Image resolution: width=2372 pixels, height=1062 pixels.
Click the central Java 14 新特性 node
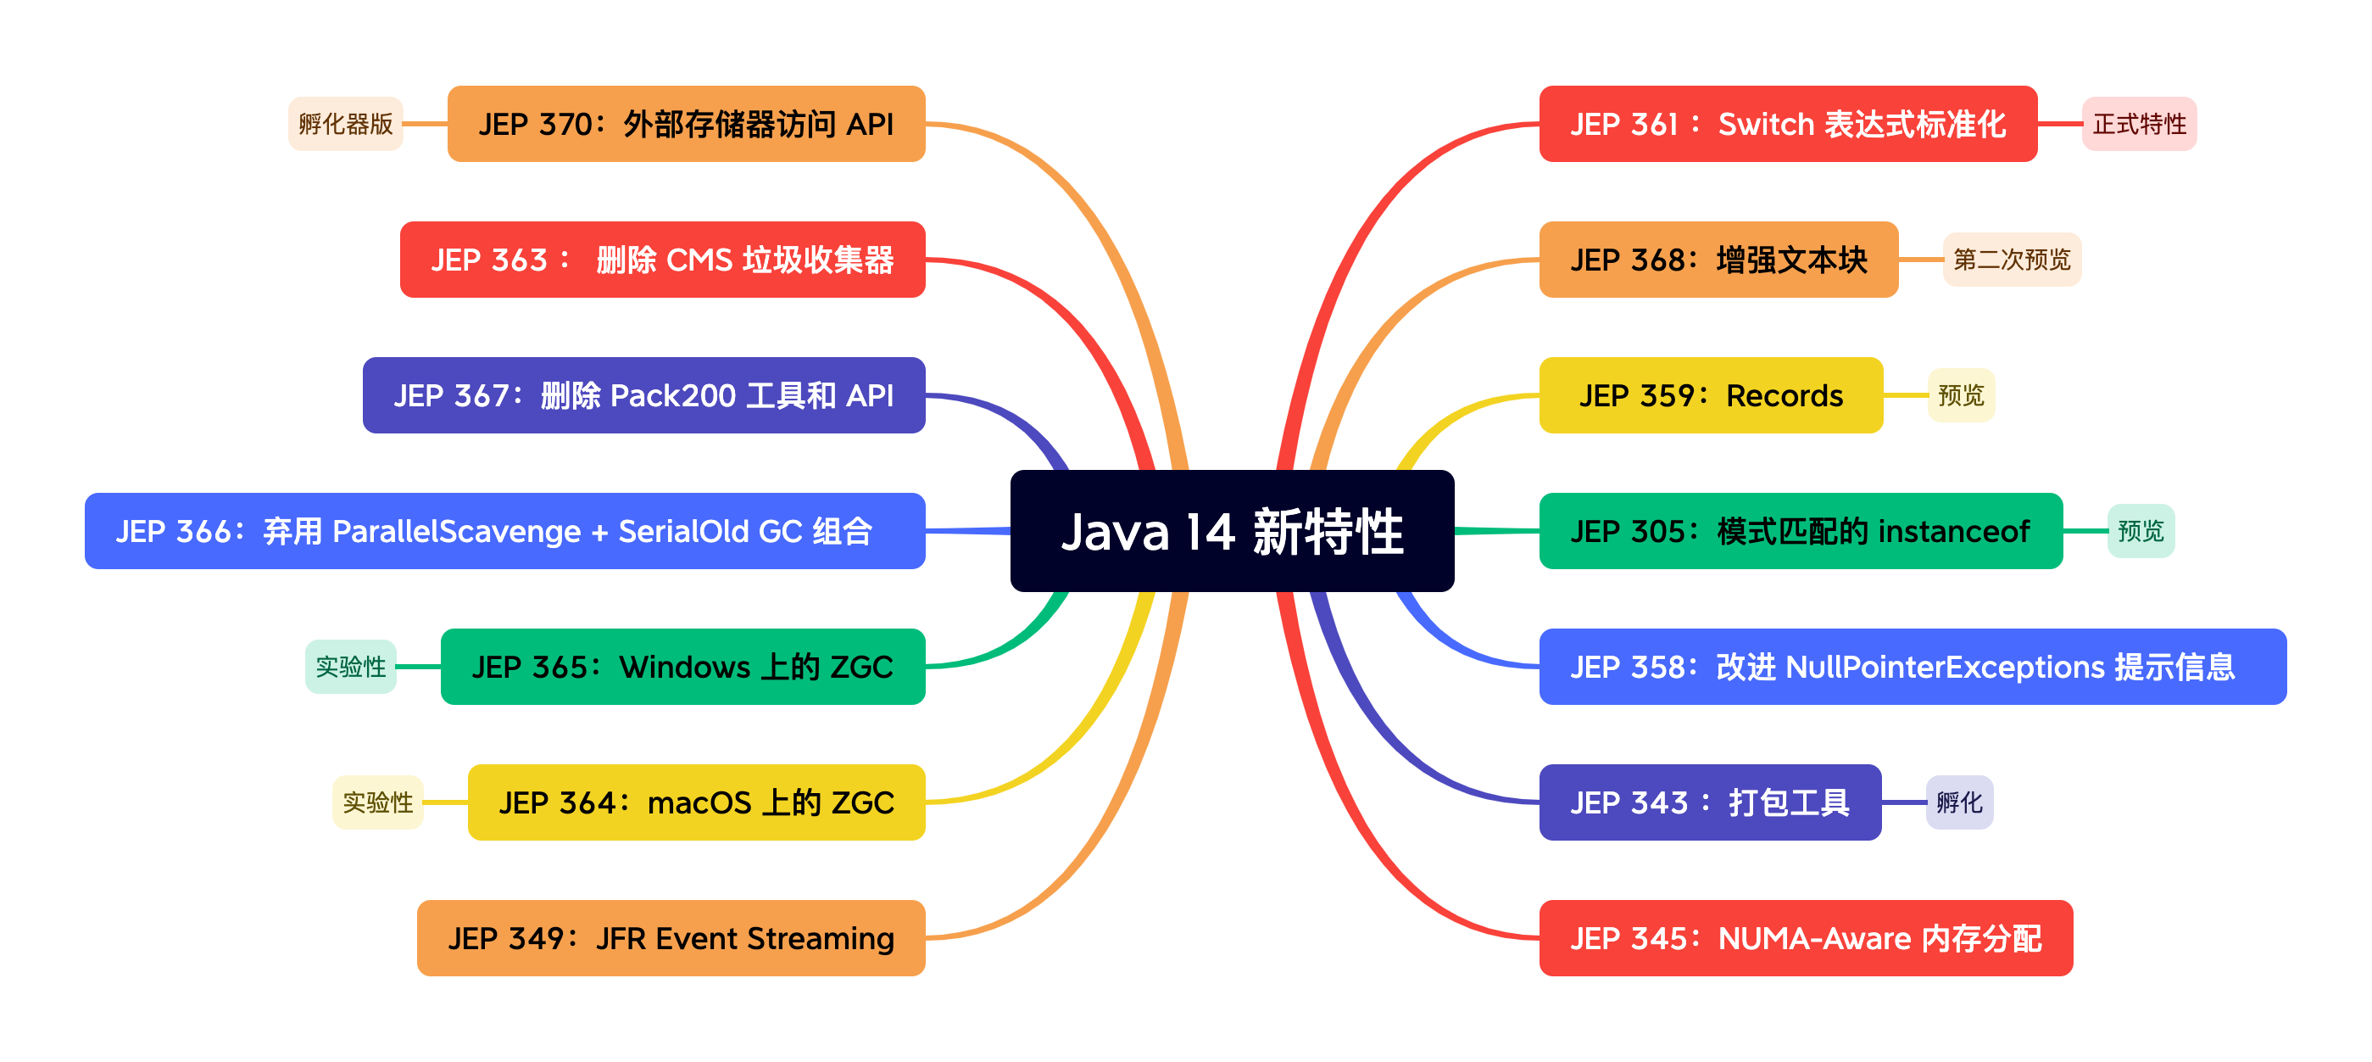click(1232, 532)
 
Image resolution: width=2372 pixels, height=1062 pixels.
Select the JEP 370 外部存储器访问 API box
click(686, 125)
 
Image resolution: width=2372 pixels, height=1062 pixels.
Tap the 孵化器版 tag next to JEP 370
click(345, 125)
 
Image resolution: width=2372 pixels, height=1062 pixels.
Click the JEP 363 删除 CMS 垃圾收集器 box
click(662, 260)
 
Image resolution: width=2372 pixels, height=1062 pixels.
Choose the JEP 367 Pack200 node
click(643, 396)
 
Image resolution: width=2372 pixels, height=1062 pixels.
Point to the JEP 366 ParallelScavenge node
click(504, 532)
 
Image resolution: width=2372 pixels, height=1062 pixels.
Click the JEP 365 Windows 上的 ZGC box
click(682, 667)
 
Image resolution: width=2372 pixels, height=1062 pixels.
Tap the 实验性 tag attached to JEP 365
click(351, 667)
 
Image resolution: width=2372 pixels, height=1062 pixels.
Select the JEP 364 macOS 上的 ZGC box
click(696, 802)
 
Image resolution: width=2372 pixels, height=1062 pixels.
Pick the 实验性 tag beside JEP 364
click(377, 802)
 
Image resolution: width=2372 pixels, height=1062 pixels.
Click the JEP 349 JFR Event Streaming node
click(671, 938)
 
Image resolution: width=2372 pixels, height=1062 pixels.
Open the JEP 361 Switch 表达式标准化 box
click(1787, 125)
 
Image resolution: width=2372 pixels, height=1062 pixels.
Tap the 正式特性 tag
click(2139, 125)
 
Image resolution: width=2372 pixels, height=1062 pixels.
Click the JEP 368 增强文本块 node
click(1718, 260)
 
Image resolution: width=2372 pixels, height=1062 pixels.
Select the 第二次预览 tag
click(2011, 260)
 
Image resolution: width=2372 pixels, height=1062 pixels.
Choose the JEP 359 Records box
click(1711, 396)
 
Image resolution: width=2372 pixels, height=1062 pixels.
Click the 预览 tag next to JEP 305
click(2140, 532)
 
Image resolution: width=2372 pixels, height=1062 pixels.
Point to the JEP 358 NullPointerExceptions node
click(1912, 667)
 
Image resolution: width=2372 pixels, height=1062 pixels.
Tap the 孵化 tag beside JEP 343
click(1958, 802)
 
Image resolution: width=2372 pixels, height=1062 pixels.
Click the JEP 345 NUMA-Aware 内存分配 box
click(1805, 938)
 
